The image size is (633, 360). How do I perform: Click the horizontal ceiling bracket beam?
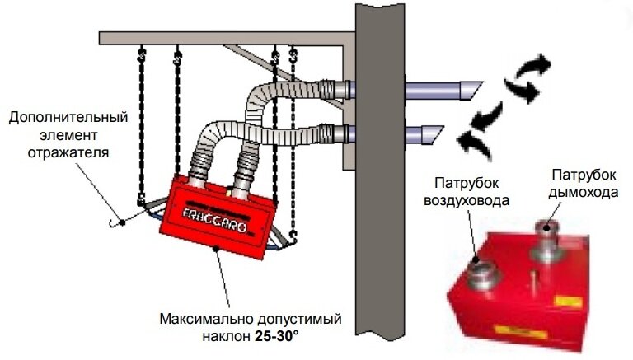tap(223, 38)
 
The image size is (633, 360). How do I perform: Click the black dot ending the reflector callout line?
tap(121, 221)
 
